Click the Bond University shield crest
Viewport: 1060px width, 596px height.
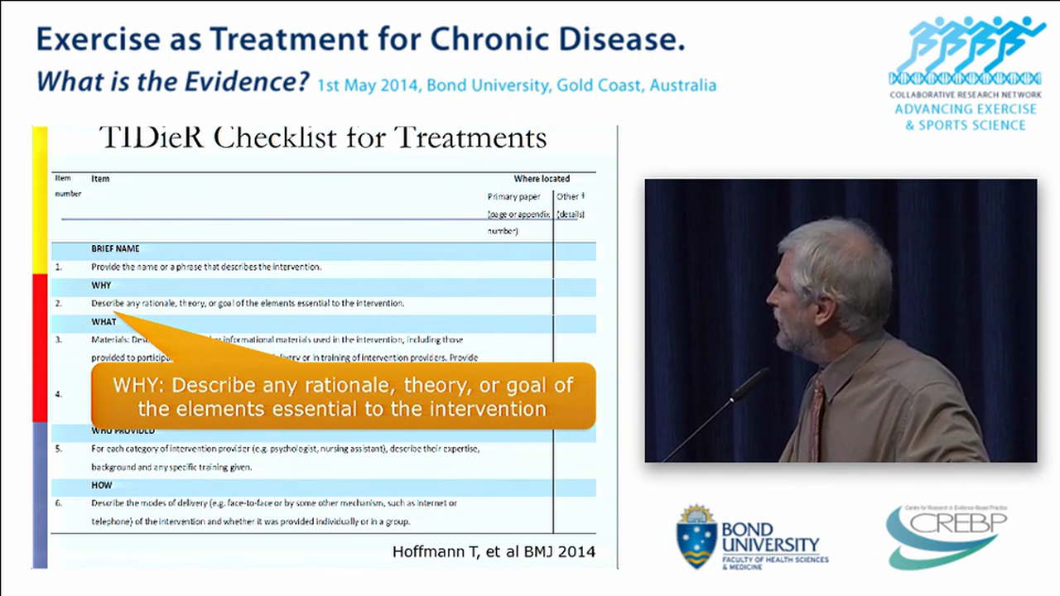point(696,536)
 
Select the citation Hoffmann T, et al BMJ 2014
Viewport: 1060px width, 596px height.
point(494,551)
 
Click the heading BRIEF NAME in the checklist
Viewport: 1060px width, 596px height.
point(115,248)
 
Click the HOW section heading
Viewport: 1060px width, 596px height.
point(101,485)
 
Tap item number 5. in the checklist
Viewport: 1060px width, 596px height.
point(59,449)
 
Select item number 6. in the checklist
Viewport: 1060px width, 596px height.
point(59,503)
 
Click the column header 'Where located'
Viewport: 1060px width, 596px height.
point(542,179)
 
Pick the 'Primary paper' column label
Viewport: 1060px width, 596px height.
point(513,197)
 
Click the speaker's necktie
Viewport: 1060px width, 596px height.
point(817,418)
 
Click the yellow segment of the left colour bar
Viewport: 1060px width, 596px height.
point(39,199)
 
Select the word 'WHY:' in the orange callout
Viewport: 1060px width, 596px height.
point(139,386)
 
